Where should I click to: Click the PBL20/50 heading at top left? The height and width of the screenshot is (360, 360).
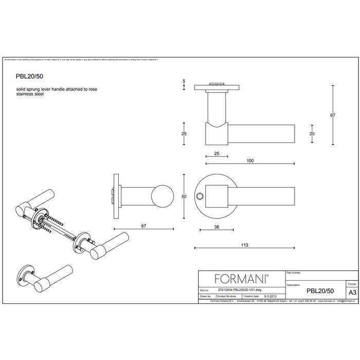29,75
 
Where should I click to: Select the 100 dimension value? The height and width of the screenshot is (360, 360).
250,161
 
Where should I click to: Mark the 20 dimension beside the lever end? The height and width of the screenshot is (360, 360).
311,133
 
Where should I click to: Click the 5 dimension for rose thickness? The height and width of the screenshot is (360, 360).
184,82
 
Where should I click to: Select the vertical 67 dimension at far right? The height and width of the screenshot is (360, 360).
333,115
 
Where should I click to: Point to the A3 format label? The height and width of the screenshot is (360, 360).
352,292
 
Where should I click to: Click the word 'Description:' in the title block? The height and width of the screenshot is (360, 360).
294,284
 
